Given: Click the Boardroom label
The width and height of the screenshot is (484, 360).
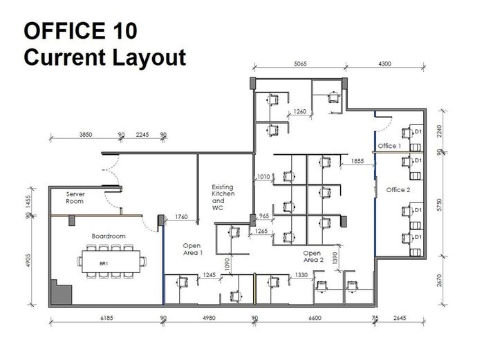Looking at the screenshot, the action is [x=109, y=236].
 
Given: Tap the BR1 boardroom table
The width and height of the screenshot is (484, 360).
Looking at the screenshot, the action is [x=111, y=262].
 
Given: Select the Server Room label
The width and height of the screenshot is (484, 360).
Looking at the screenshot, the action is [x=75, y=198].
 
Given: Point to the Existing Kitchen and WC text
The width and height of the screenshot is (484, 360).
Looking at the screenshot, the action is [x=223, y=198].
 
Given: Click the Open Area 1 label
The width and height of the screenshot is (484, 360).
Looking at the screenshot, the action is [x=192, y=249].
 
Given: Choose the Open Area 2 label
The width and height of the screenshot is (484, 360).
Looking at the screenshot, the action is [x=313, y=256].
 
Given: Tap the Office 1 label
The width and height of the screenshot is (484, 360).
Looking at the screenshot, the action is [x=389, y=146].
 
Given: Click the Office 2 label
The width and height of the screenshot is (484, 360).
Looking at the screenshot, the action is [x=398, y=190].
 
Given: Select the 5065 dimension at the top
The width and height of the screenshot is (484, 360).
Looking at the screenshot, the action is [x=300, y=64].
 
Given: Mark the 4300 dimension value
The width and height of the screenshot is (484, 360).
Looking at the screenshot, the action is [x=384, y=64].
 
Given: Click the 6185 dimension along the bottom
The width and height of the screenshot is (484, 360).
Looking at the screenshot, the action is [x=106, y=318].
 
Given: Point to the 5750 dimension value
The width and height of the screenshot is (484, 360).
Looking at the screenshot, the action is [x=440, y=205].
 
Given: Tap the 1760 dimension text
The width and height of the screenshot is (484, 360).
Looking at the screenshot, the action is [x=181, y=217].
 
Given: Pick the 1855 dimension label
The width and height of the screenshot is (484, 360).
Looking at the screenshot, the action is [x=357, y=161].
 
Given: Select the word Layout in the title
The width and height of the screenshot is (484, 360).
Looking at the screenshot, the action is [x=149, y=57].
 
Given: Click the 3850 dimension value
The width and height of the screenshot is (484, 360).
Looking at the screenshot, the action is [x=86, y=135].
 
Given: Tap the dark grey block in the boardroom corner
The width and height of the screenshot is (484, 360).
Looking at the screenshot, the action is [x=62, y=292].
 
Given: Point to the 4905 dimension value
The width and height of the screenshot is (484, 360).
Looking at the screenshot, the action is [x=28, y=260].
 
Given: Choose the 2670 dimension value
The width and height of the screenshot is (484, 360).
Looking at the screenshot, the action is [x=440, y=281].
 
